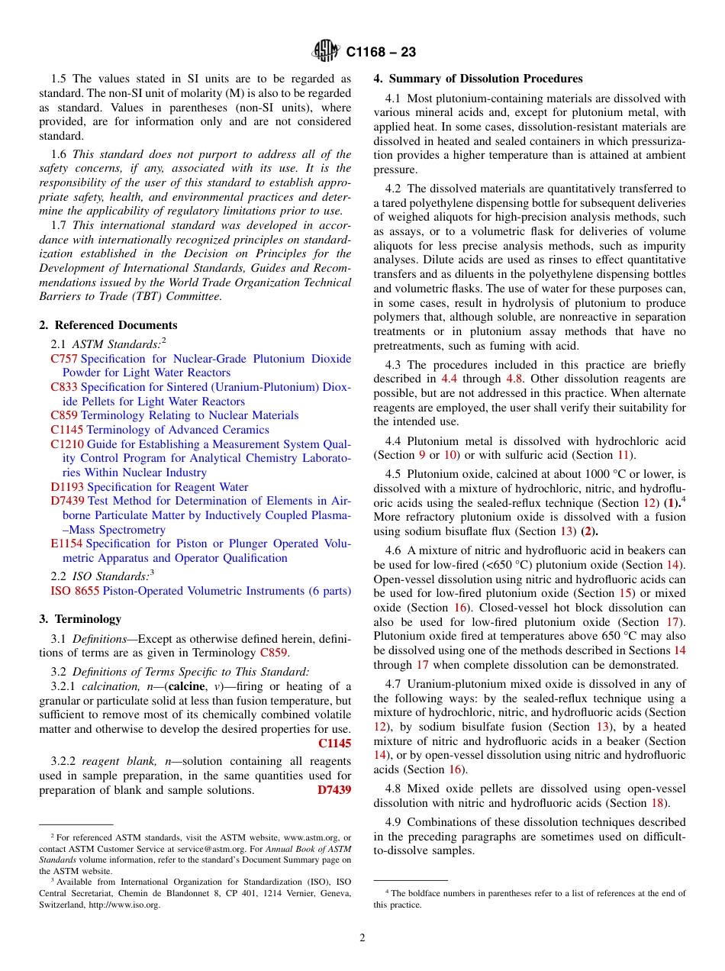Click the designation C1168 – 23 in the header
pos(381,53)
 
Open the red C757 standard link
pos(64,359)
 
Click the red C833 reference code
pos(64,387)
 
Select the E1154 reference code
pos(66,544)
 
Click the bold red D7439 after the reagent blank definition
pos(333,790)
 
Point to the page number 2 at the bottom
pos(362,938)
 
